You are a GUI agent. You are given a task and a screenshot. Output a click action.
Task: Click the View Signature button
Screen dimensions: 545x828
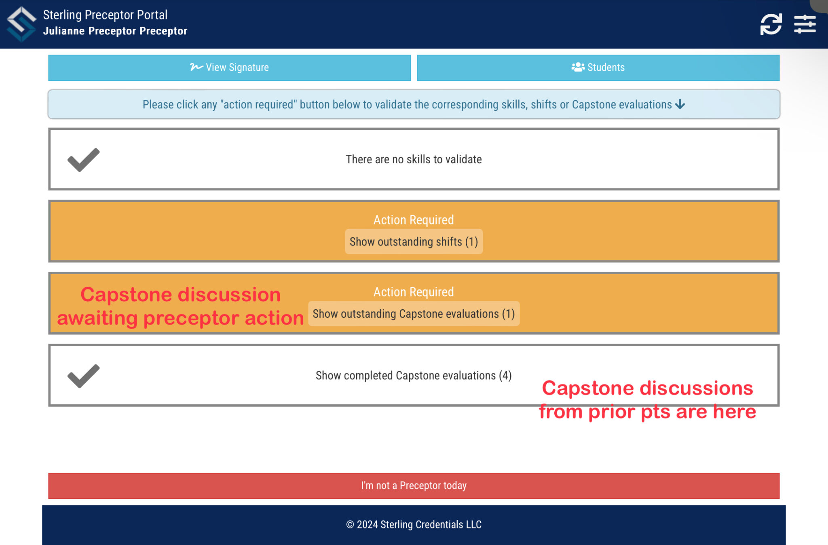(x=229, y=68)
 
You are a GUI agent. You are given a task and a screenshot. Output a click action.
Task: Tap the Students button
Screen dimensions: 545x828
(x=598, y=68)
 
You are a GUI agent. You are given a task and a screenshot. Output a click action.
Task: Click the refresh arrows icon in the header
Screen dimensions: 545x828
(x=771, y=24)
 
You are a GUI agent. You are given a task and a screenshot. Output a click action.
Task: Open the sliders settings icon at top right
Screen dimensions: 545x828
(x=805, y=24)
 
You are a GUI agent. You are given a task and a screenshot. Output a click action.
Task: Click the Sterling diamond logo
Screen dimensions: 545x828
(x=21, y=24)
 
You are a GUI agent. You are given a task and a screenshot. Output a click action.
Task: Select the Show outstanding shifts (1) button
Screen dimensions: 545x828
(x=414, y=242)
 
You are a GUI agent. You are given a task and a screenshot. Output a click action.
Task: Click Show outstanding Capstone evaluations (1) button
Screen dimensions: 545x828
(x=414, y=314)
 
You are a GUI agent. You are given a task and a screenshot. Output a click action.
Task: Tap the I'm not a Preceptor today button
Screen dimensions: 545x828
(x=414, y=486)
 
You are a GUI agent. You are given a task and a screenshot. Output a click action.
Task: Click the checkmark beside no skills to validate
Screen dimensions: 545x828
(x=83, y=160)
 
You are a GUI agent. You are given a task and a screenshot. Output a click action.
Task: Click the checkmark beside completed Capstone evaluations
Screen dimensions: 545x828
(x=83, y=376)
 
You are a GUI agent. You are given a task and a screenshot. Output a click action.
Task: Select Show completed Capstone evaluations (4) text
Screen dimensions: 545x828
(x=414, y=376)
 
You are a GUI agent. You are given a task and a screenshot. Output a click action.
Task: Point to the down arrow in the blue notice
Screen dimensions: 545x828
(x=680, y=104)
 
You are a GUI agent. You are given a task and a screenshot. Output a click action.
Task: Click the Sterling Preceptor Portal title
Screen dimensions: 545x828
(x=105, y=15)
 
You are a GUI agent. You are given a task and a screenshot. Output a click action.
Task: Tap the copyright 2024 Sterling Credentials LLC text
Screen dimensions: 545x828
(x=414, y=524)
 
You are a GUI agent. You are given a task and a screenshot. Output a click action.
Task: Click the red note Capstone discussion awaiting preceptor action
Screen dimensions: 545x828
(x=180, y=306)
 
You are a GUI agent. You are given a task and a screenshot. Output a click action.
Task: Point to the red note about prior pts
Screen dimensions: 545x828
(x=647, y=400)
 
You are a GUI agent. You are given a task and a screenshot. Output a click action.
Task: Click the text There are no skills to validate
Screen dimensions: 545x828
(x=414, y=159)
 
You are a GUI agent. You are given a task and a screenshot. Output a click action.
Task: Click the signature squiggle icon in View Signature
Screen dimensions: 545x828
(x=196, y=67)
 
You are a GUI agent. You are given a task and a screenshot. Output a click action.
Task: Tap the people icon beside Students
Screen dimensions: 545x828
(x=578, y=67)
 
